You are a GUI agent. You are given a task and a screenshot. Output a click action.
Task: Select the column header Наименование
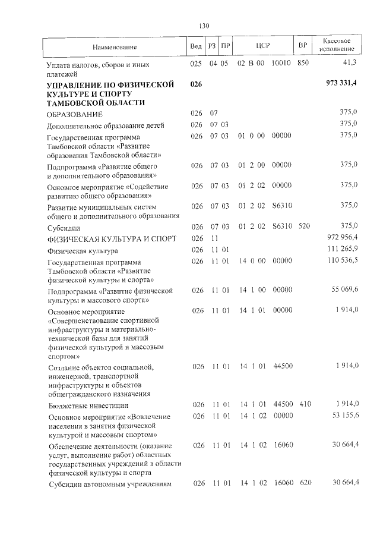pos(115,46)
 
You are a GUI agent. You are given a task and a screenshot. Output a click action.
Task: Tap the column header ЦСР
pos(264,46)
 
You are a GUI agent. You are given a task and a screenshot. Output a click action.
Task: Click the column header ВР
pos(303,46)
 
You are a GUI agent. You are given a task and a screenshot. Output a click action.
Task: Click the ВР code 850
pos(303,63)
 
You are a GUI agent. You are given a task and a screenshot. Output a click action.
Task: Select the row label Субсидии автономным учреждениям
pos(109,484)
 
